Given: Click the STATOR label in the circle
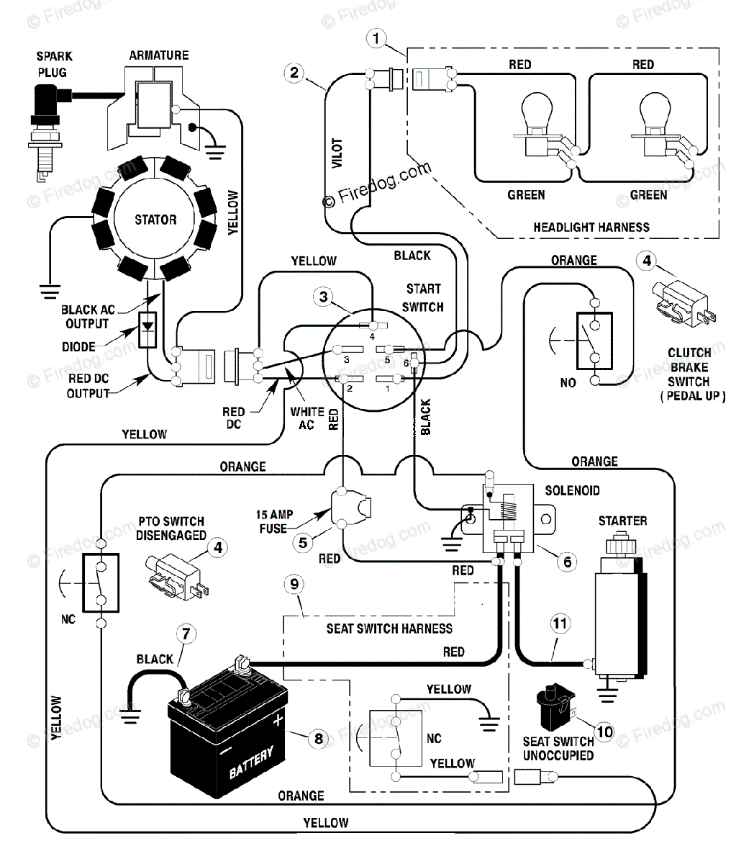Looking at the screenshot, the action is pos(155,220).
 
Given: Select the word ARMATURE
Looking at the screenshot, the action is pos(159,55).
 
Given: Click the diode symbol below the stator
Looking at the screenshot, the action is pos(147,330).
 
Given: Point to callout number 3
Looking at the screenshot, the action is pos(324,297).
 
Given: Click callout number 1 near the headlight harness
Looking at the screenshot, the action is pos(376,39).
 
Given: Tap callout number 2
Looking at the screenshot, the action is pos(294,73).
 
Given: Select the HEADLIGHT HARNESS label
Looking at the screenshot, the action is pos(591,228).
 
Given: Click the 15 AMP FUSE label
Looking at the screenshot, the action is pos(274,521).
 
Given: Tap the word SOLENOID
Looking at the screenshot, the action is pos(572,490).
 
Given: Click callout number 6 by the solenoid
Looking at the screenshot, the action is pos(568,562).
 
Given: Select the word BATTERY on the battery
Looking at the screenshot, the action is pos(252,762).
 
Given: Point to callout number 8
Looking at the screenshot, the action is pos(319,738).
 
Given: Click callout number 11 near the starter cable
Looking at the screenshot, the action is pos(560,623).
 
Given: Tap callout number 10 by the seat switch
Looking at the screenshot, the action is pos(604,732).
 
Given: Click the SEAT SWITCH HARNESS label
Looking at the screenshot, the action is pos(389,629).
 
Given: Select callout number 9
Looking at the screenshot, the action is pos(294,584).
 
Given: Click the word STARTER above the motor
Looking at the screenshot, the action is pos(623,521).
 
